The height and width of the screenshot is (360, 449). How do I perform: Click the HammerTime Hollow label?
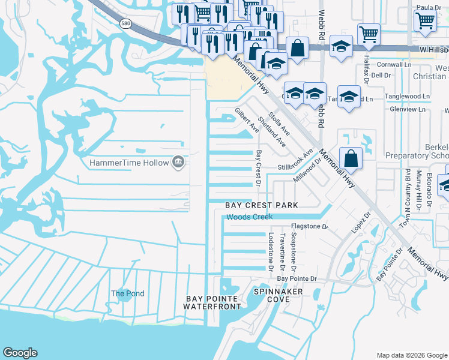click(128, 163)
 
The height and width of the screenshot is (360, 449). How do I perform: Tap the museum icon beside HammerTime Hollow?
click(178, 162)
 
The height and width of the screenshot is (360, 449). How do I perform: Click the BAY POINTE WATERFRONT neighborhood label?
click(212, 302)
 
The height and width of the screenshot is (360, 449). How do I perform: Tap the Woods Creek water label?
click(249, 217)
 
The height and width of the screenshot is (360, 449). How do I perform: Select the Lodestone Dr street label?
click(271, 252)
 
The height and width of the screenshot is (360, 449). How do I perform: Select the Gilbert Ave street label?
click(247, 121)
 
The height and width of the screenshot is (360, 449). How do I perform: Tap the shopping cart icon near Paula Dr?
click(425, 20)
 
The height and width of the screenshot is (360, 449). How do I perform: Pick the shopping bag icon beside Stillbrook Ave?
click(351, 159)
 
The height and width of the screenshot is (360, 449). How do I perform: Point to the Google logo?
click(20, 353)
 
